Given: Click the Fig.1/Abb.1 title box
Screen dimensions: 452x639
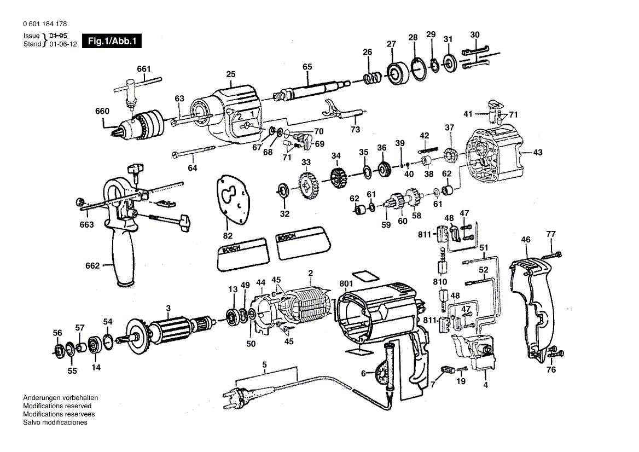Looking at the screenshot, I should pyautogui.click(x=112, y=41).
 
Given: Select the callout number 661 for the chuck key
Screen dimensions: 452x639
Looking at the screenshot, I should pyautogui.click(x=144, y=69).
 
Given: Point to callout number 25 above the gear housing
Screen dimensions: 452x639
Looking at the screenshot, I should pyautogui.click(x=230, y=74).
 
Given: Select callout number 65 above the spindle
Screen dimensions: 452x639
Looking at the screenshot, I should pyautogui.click(x=307, y=67).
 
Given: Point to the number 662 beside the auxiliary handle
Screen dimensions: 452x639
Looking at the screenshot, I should pyautogui.click(x=92, y=266).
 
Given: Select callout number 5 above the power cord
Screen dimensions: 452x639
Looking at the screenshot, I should pyautogui.click(x=265, y=365).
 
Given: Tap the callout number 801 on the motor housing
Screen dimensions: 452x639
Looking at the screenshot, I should pyautogui.click(x=346, y=283).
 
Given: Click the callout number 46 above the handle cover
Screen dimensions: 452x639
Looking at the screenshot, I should pyautogui.click(x=526, y=239).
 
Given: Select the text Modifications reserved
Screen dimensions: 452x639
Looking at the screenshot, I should pyautogui.click(x=57, y=406).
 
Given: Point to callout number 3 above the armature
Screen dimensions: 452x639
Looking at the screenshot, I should pyautogui.click(x=169, y=308).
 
